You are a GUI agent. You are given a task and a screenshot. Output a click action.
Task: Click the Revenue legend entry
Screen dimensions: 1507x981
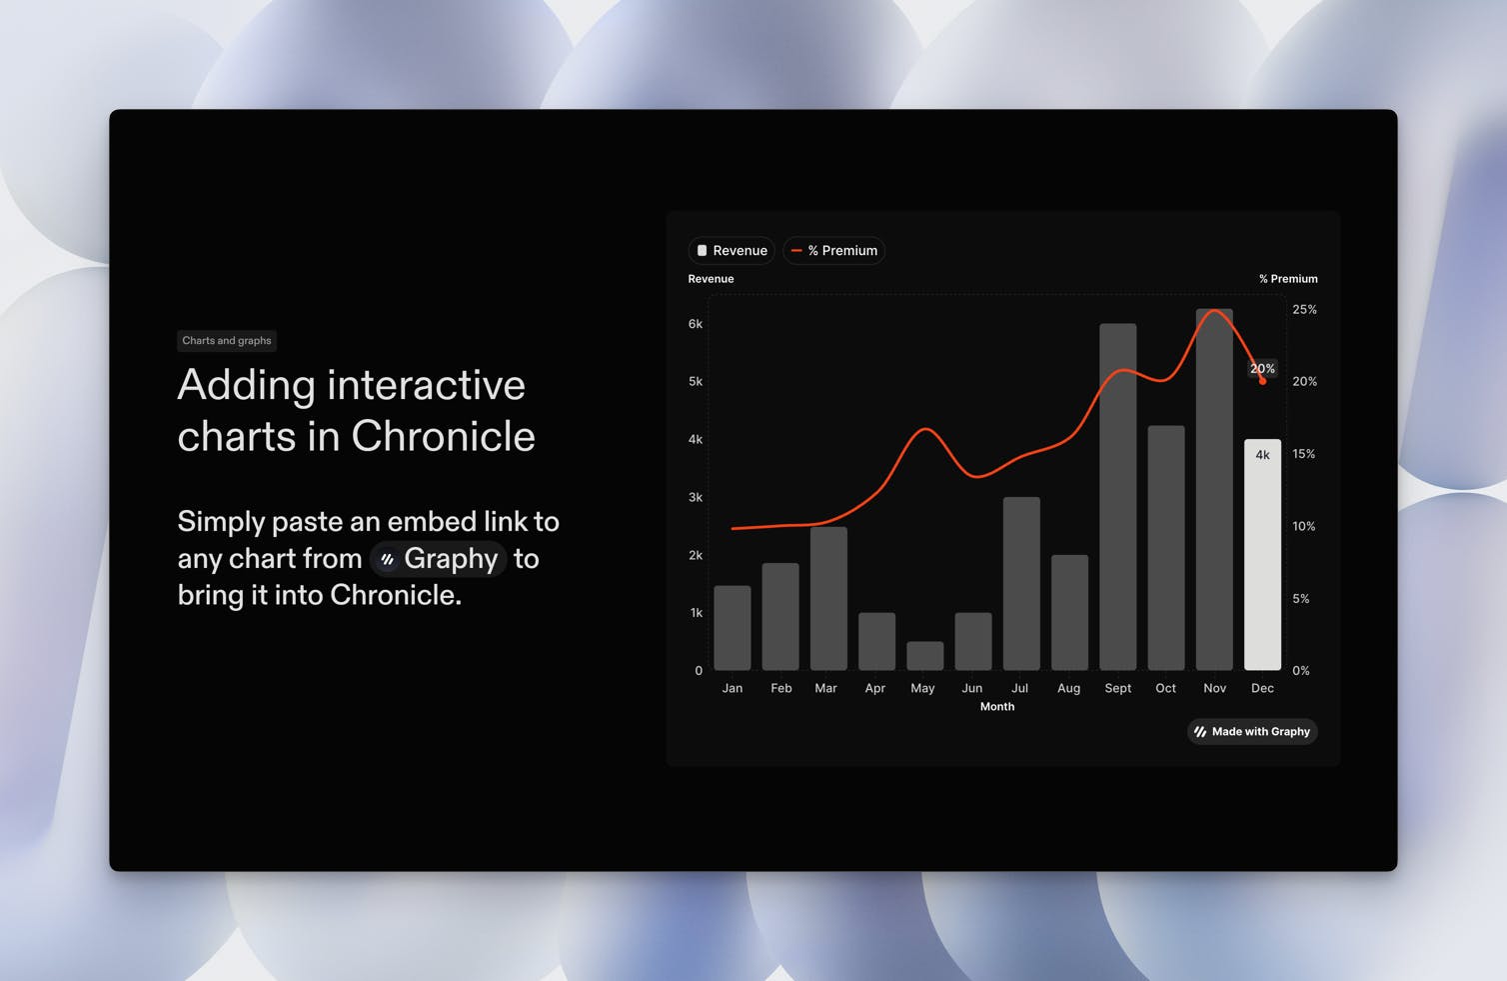pyautogui.click(x=732, y=250)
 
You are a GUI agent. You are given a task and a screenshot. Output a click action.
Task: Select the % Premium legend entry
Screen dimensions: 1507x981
pyautogui.click(x=833, y=250)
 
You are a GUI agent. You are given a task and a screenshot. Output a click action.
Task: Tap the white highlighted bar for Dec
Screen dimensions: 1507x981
pyautogui.click(x=1262, y=555)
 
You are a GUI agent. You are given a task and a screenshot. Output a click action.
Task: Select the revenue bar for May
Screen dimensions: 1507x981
pyautogui.click(x=925, y=656)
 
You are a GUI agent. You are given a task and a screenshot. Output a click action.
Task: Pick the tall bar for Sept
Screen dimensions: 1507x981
pyautogui.click(x=1118, y=497)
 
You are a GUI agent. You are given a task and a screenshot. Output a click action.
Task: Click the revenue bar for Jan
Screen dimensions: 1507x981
pyautogui.click(x=732, y=628)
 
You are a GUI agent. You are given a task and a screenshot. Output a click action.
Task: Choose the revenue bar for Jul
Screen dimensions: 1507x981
pyautogui.click(x=1021, y=584)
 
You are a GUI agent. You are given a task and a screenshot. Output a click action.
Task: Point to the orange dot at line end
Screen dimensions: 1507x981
pyautogui.click(x=1262, y=381)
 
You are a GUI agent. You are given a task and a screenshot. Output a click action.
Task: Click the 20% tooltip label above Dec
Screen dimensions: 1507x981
pyautogui.click(x=1262, y=368)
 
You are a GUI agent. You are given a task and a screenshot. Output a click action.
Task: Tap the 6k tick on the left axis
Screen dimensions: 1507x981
pyautogui.click(x=695, y=324)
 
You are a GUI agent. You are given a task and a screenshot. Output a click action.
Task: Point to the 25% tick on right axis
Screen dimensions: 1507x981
pyautogui.click(x=1304, y=310)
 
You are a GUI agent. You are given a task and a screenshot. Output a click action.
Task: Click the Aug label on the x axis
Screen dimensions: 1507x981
pyautogui.click(x=1069, y=688)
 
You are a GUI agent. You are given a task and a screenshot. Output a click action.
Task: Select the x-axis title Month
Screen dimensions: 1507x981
pyautogui.click(x=997, y=706)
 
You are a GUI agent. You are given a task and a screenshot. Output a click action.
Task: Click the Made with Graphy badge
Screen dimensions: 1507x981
pyautogui.click(x=1252, y=732)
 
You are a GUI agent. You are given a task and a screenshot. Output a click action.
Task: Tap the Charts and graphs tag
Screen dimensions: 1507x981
pyautogui.click(x=227, y=341)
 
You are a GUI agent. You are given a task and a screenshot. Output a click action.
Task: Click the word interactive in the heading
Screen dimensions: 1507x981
pyautogui.click(x=426, y=385)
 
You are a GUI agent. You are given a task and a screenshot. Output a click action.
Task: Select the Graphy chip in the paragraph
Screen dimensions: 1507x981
pyautogui.click(x=438, y=559)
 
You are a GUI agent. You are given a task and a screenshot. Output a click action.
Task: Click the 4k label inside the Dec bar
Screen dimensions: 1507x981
pyautogui.click(x=1263, y=455)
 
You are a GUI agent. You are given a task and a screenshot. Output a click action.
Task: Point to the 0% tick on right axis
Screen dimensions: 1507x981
pyautogui.click(x=1300, y=671)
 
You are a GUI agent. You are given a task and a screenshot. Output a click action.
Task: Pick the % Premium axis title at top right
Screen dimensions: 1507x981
pyautogui.click(x=1288, y=279)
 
